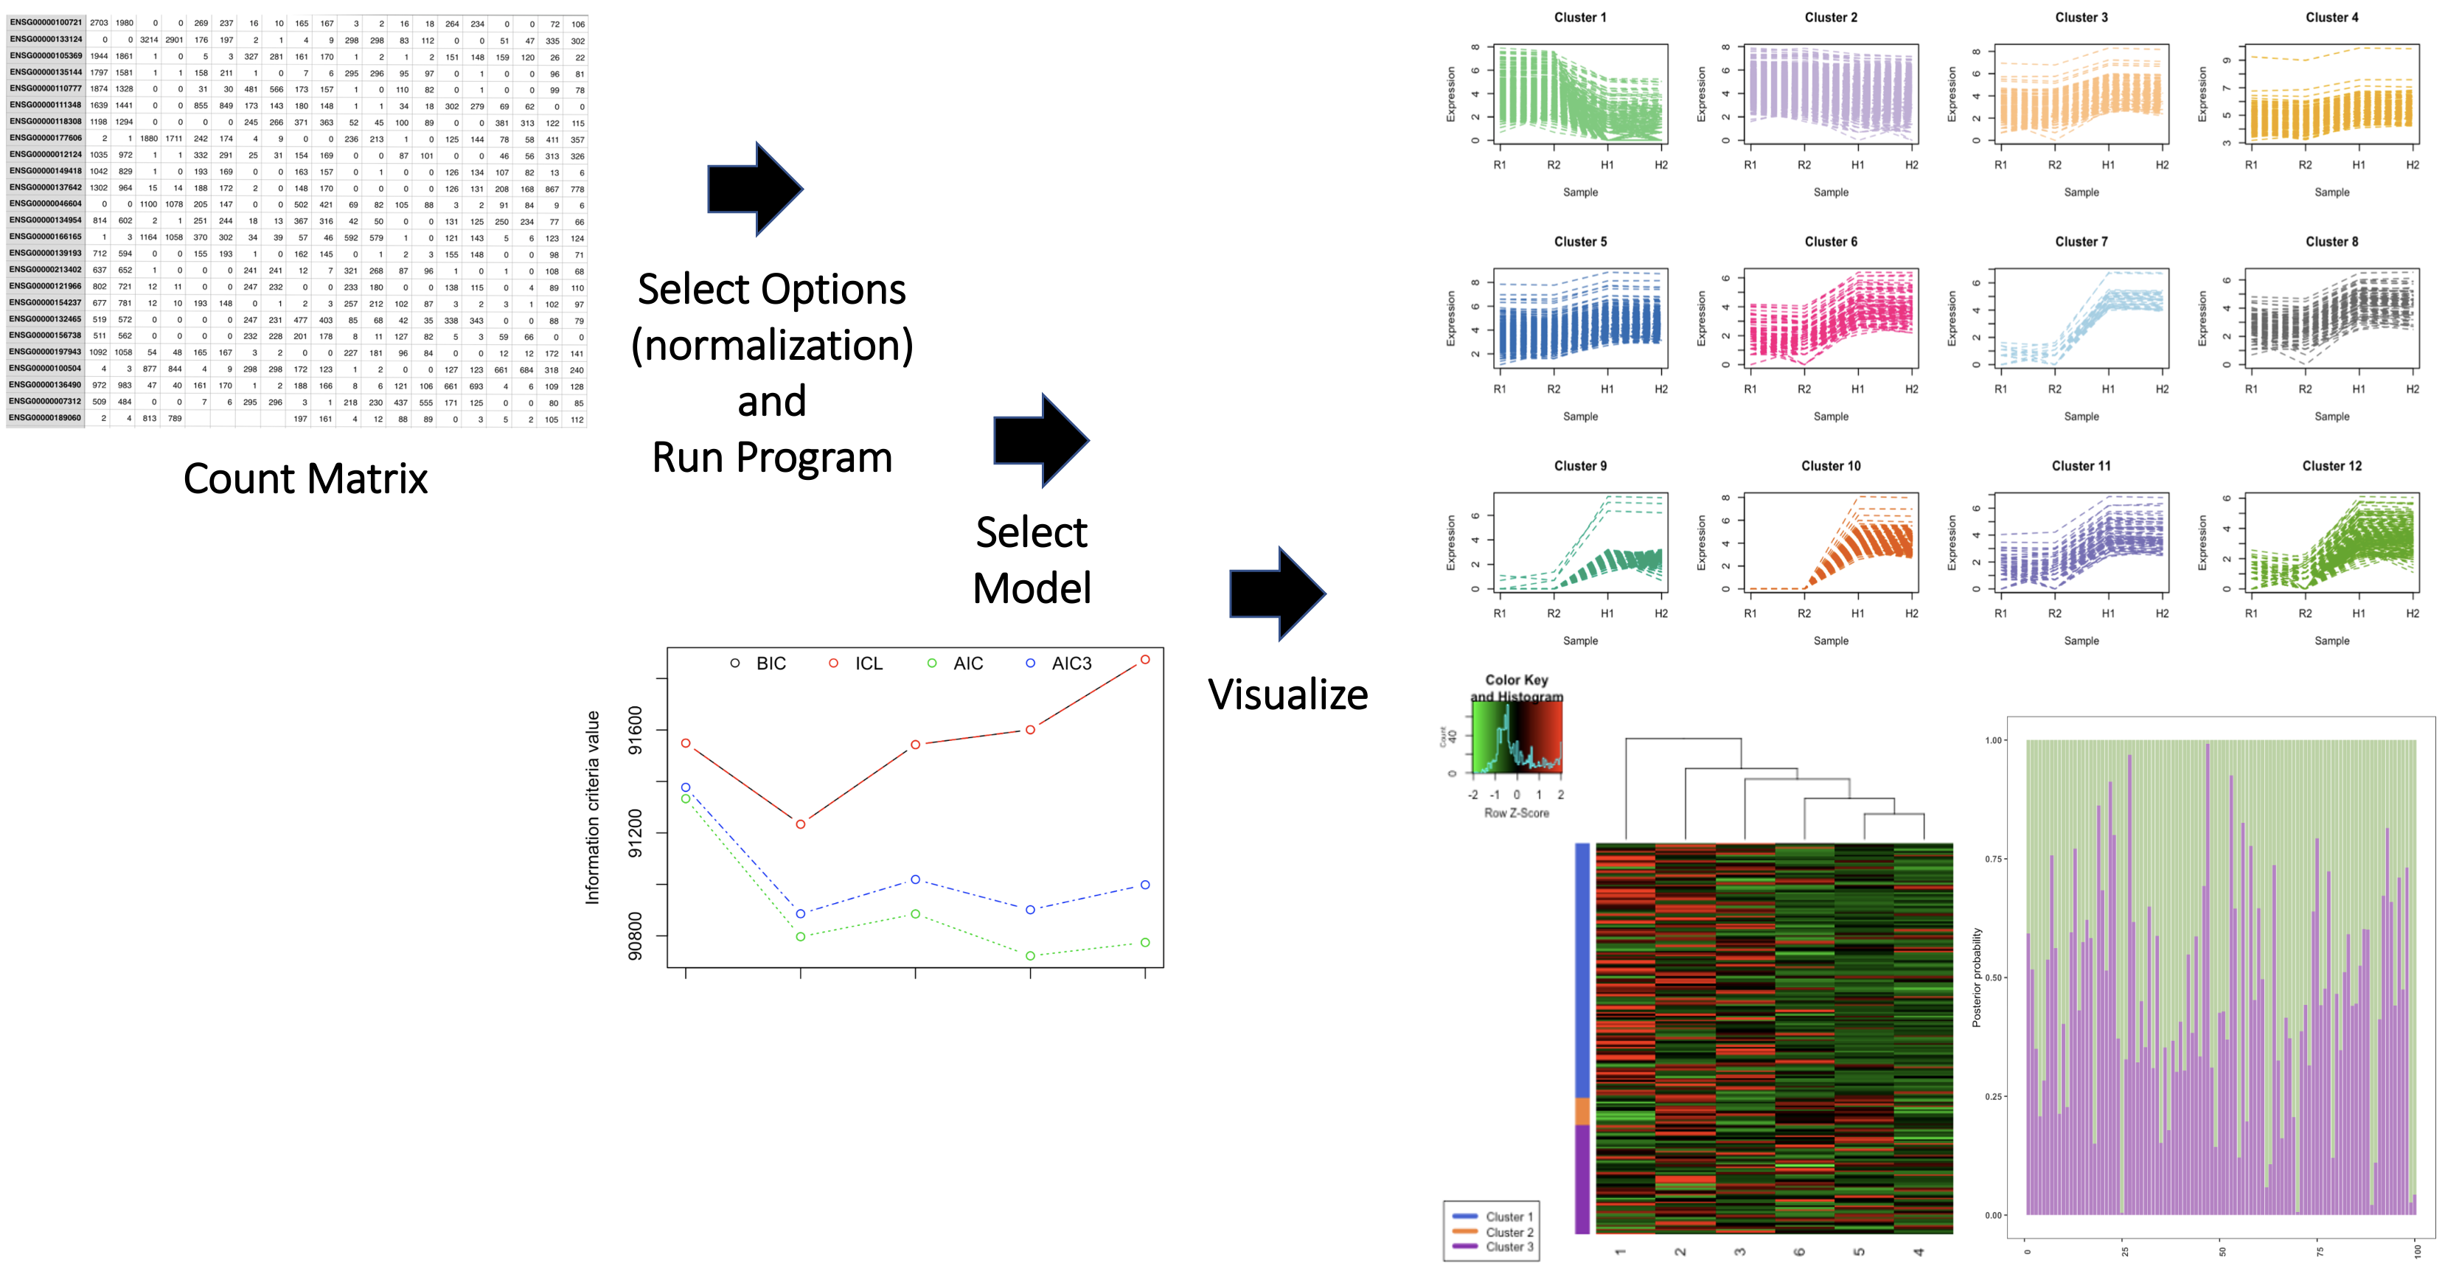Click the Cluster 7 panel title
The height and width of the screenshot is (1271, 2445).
pyautogui.click(x=2081, y=242)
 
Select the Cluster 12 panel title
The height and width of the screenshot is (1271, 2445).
pyautogui.click(x=2331, y=466)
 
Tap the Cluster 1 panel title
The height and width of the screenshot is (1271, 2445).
pyautogui.click(x=1579, y=17)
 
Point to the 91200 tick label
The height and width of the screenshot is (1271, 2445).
pyautogui.click(x=635, y=833)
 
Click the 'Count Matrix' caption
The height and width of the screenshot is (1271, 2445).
pyautogui.click(x=305, y=478)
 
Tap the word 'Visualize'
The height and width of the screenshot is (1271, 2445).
pyautogui.click(x=1287, y=694)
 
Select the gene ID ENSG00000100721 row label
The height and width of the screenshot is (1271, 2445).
pyautogui.click(x=46, y=23)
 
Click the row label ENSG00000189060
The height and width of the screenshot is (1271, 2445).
pyautogui.click(x=46, y=418)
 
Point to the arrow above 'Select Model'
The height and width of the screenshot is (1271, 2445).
pyautogui.click(x=1040, y=439)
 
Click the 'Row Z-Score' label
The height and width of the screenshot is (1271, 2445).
pyautogui.click(x=1516, y=813)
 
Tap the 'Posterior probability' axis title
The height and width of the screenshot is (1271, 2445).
pyautogui.click(x=1977, y=978)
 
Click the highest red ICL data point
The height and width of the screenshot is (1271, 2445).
pyautogui.click(x=1144, y=660)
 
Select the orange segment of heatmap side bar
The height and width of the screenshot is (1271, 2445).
pyautogui.click(x=1582, y=1110)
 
